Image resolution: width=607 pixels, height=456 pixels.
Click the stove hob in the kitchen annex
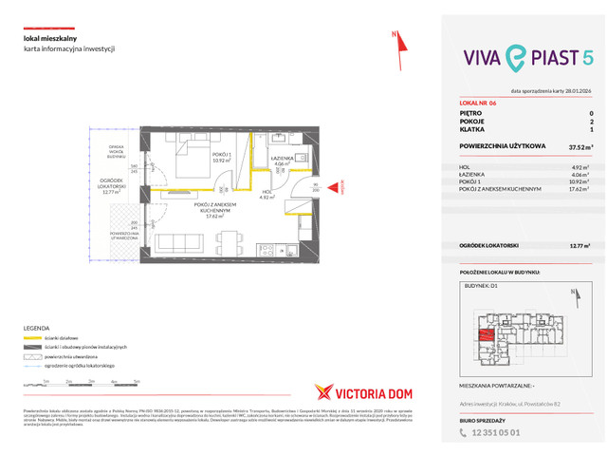pos(268,254)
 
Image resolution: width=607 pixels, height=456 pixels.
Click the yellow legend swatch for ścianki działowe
pos(37,339)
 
